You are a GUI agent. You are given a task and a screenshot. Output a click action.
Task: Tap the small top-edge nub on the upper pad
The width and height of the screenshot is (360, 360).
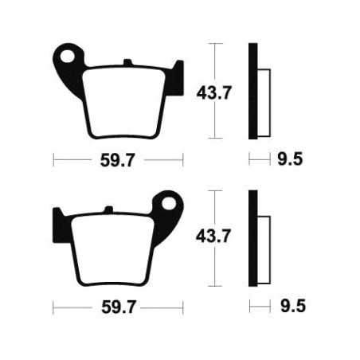tap(127, 61)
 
